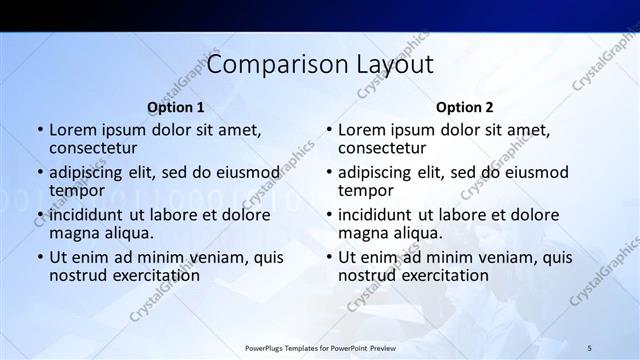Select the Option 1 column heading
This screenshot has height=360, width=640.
(x=176, y=107)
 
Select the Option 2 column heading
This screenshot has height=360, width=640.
(x=465, y=107)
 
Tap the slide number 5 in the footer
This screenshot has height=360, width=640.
(x=590, y=347)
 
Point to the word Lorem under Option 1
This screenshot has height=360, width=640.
(x=73, y=129)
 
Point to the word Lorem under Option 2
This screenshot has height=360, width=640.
(x=362, y=129)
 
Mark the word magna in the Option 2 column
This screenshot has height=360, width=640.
(x=362, y=233)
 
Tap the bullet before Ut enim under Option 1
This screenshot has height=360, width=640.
(x=40, y=257)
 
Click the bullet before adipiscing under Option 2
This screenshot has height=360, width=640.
(x=329, y=172)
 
